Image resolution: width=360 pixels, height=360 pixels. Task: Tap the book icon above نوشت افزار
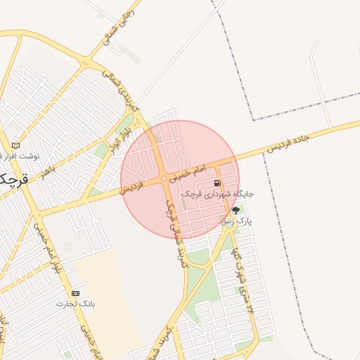15,145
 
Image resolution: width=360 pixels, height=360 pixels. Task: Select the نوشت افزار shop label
20,155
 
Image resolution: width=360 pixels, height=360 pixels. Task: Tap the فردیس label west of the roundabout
131,187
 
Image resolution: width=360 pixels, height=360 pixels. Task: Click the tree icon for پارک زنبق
235,210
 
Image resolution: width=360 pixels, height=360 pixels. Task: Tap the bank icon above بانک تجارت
76,292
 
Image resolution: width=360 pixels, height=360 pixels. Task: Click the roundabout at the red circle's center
164,179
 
